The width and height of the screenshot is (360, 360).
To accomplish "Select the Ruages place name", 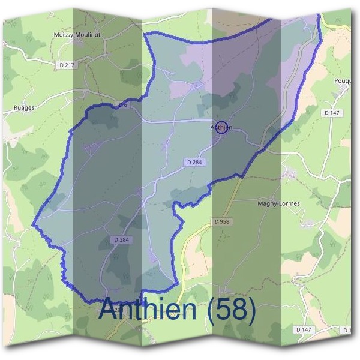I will [23, 108].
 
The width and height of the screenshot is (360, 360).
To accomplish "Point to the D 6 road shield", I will [122, 105].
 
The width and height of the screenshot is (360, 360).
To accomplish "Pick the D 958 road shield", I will [222, 221].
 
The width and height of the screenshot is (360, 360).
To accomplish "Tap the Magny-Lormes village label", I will [278, 203].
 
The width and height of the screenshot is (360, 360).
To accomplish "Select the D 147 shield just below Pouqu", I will [332, 112].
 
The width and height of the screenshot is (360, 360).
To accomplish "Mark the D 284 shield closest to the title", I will [122, 239].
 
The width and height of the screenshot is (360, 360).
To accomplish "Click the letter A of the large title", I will [109, 310].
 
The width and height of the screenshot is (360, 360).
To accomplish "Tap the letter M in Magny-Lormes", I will [259, 203].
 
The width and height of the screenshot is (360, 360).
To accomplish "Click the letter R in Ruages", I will [14, 108].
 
